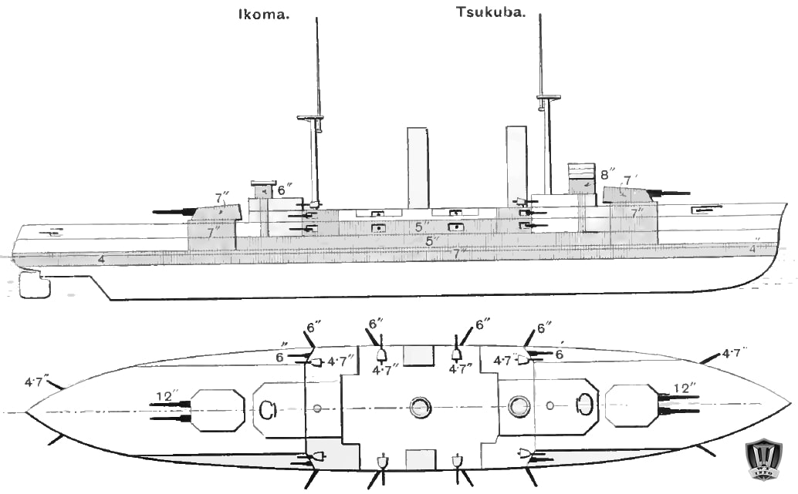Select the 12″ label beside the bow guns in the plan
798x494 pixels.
click(x=685, y=388)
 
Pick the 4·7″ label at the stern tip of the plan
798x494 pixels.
click(x=37, y=380)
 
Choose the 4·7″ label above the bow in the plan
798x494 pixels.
click(x=735, y=354)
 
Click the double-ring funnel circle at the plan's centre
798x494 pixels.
click(x=421, y=406)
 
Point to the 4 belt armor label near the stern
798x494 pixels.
click(x=101, y=259)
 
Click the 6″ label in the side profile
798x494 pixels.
click(x=285, y=188)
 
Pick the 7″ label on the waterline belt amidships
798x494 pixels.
click(x=460, y=252)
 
